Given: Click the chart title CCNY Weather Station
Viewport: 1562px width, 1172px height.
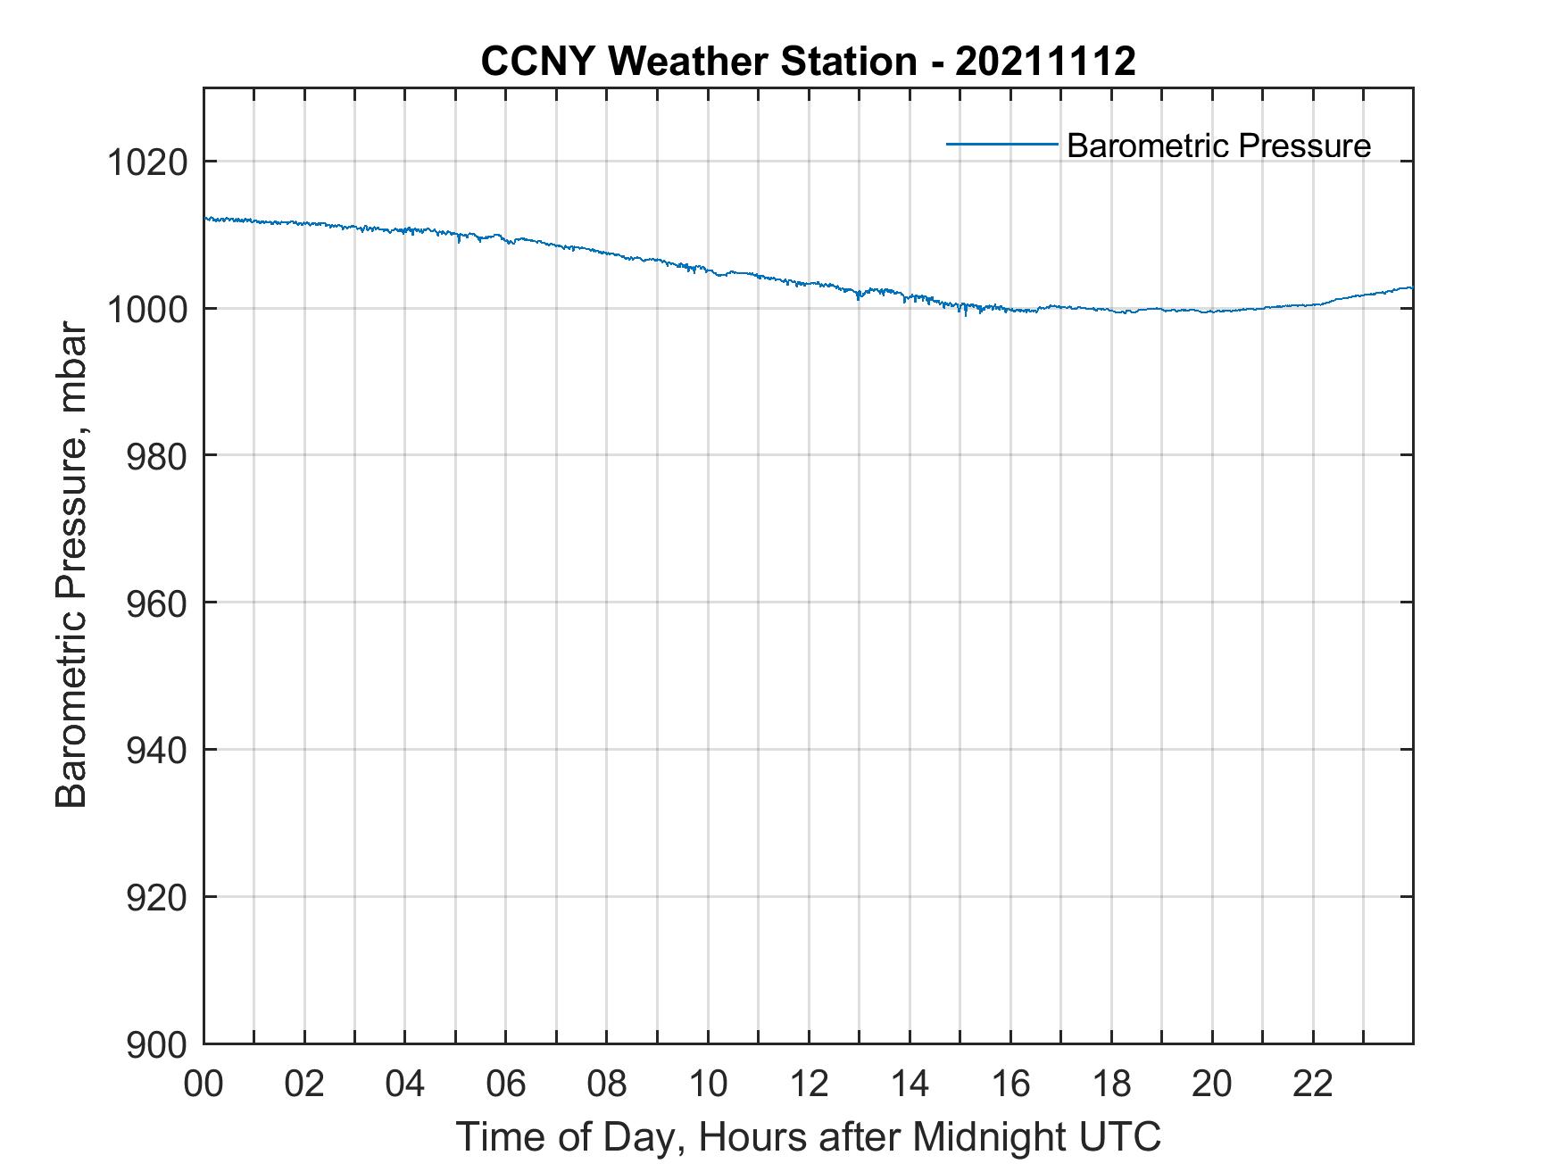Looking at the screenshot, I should click(698, 62).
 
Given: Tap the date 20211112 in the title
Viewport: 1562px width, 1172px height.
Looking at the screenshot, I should click(1045, 62).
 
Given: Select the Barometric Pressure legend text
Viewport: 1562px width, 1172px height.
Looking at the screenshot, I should click(1218, 145).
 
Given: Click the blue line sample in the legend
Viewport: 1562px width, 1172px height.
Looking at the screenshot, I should click(1001, 144).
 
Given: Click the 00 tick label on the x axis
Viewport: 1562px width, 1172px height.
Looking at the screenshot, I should click(204, 1085).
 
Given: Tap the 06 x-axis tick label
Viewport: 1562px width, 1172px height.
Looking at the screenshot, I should click(506, 1085).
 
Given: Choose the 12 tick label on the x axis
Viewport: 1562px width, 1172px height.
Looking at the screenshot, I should click(809, 1085).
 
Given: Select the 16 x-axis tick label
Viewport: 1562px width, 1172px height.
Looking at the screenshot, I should click(1010, 1085).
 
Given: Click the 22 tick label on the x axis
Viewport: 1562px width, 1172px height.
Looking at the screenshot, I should click(1313, 1085).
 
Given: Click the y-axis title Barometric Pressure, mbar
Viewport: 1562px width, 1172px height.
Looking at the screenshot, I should click(72, 566).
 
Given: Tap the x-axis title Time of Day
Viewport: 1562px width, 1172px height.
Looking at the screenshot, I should click(808, 1137).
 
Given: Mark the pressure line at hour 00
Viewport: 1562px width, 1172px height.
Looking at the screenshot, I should click(206, 219).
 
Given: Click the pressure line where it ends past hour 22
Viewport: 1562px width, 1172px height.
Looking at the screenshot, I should click(1410, 287).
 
